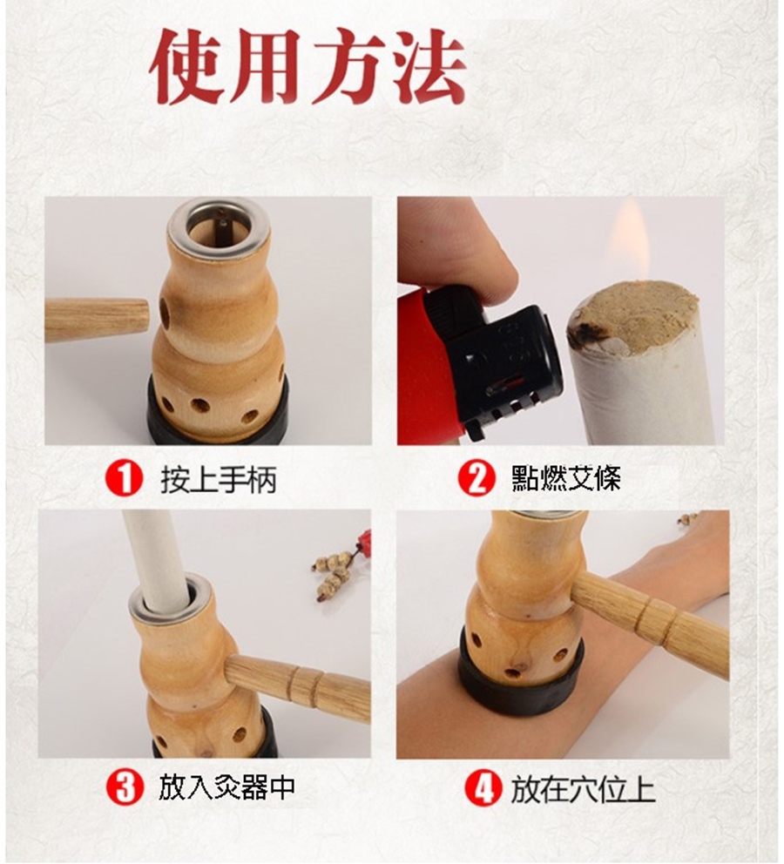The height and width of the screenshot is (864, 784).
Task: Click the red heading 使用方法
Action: click(x=308, y=67)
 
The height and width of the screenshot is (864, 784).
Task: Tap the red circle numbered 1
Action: click(x=124, y=478)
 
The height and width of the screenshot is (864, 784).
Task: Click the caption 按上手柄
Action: click(x=218, y=478)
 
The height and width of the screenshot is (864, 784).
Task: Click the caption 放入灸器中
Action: click(x=226, y=786)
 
